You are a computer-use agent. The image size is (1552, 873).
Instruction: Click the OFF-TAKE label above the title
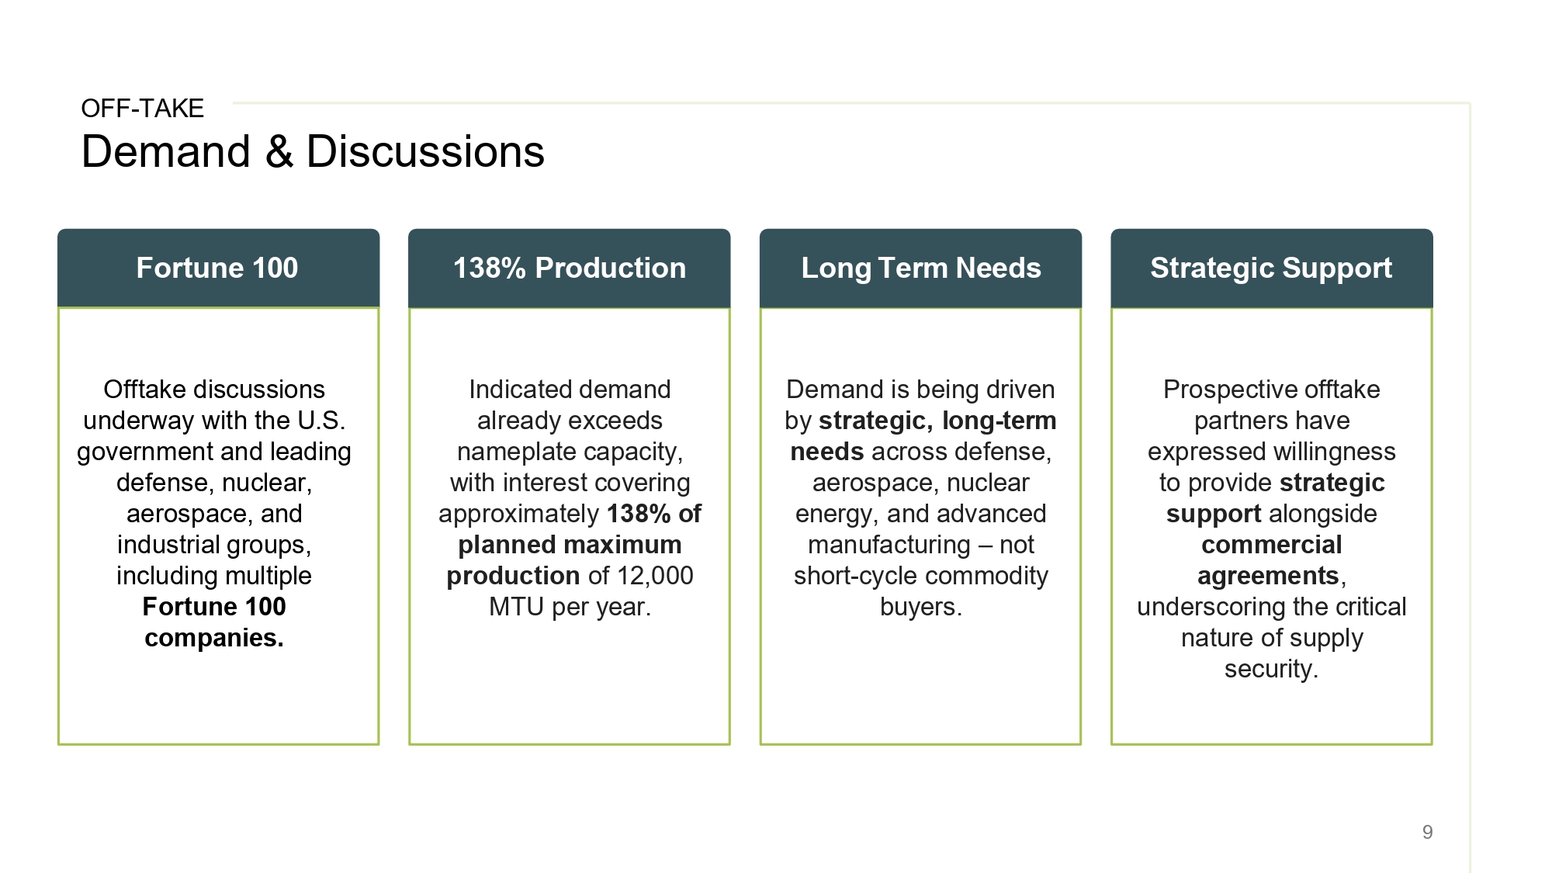(x=143, y=109)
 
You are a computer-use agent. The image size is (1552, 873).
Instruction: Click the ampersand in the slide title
(x=279, y=151)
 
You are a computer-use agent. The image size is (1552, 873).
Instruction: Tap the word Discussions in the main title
(x=425, y=151)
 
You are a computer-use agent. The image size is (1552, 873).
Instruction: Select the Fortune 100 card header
(x=218, y=268)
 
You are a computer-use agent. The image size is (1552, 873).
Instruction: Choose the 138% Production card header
(x=570, y=268)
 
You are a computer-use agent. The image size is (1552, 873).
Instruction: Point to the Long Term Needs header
(x=920, y=268)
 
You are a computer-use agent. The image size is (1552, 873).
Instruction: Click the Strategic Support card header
(x=1271, y=268)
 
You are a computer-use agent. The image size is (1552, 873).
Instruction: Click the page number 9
(x=1427, y=832)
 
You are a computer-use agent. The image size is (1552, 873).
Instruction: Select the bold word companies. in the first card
(x=214, y=638)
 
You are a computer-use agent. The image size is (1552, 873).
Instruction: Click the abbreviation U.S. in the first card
(x=321, y=421)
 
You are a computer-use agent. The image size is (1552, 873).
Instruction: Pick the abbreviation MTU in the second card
(x=517, y=607)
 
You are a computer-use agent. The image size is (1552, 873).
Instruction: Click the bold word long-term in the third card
(x=999, y=421)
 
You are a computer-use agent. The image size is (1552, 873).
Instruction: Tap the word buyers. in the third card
(x=921, y=607)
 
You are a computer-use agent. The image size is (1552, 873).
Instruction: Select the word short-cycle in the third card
(x=855, y=576)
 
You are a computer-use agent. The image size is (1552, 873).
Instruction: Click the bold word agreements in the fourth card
(x=1268, y=576)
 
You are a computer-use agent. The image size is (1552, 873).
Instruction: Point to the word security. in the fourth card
(x=1271, y=669)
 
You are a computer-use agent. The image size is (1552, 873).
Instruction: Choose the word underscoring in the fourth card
(x=1204, y=607)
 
